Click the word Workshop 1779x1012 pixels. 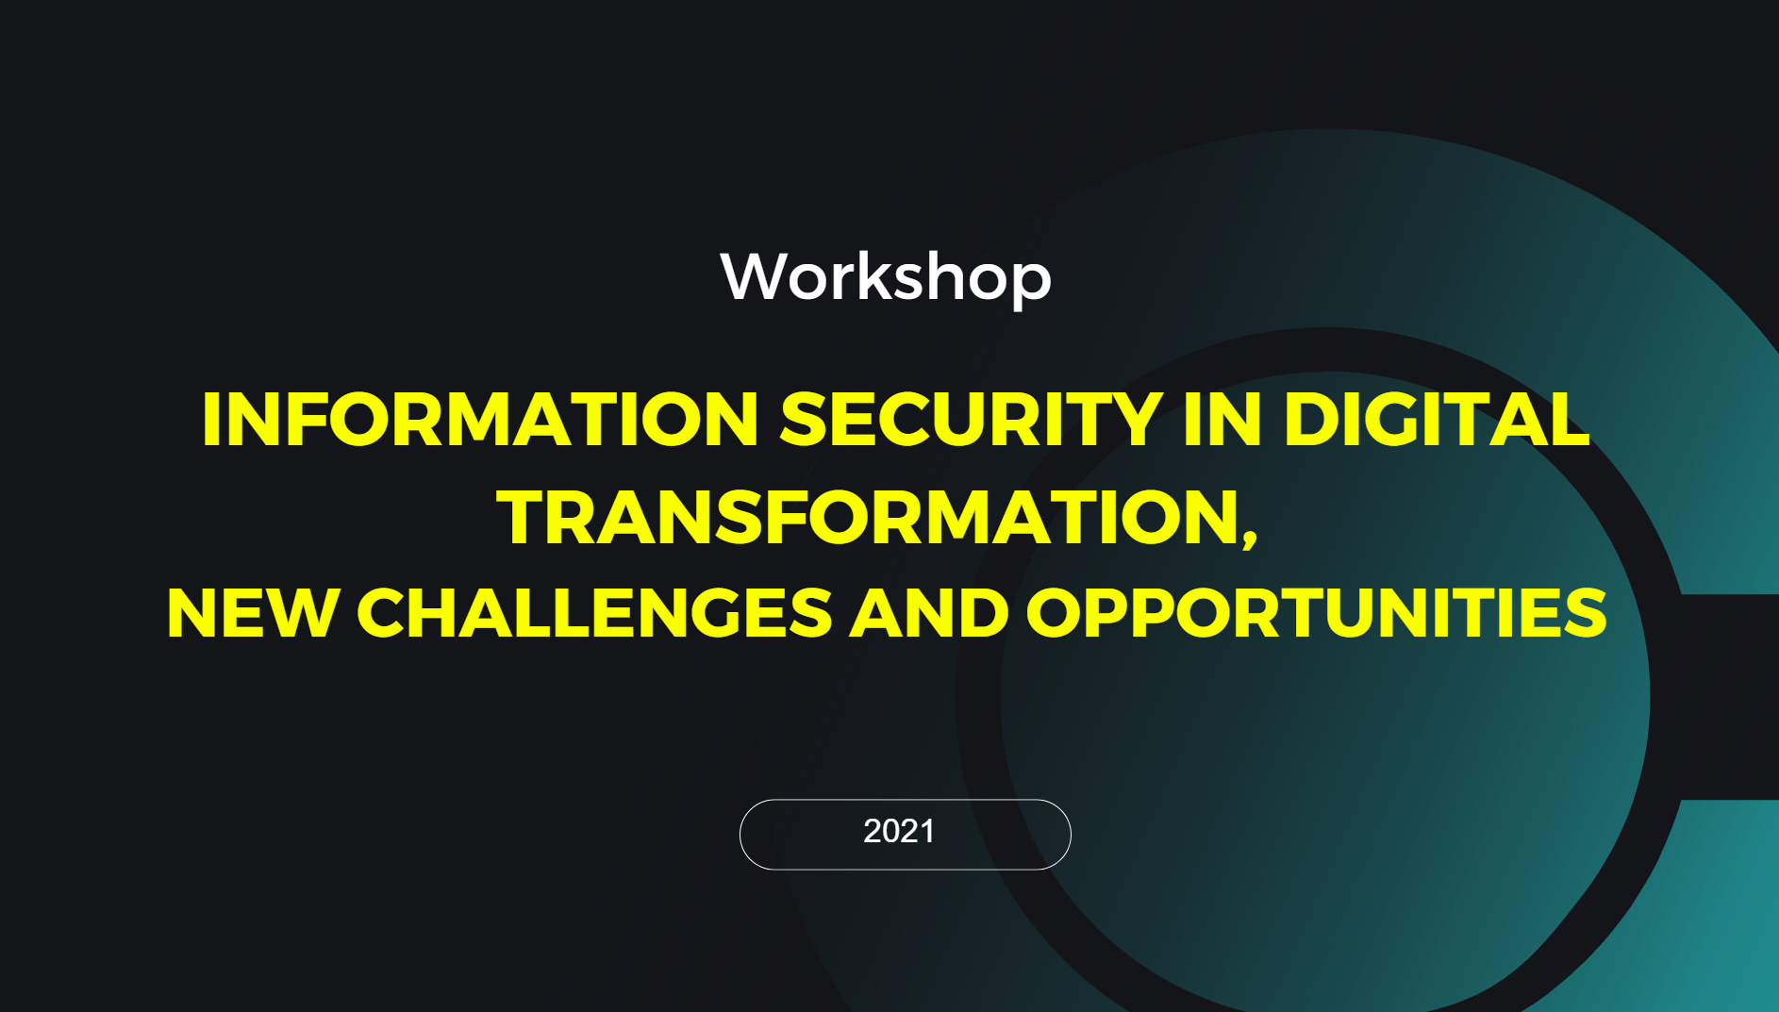coord(886,277)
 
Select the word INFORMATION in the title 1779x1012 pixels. coord(480,419)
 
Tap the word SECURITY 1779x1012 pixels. coord(971,419)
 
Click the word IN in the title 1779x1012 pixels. coord(1222,419)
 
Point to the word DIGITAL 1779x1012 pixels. coord(1436,419)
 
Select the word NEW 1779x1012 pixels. coord(252,613)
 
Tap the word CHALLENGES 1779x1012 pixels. coord(594,613)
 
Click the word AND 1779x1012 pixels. coord(929,613)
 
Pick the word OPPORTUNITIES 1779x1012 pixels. coord(1316,613)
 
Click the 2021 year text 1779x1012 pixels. coord(899,831)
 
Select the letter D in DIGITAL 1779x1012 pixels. coord(1313,419)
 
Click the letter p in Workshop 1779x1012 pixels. coord(1030,285)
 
